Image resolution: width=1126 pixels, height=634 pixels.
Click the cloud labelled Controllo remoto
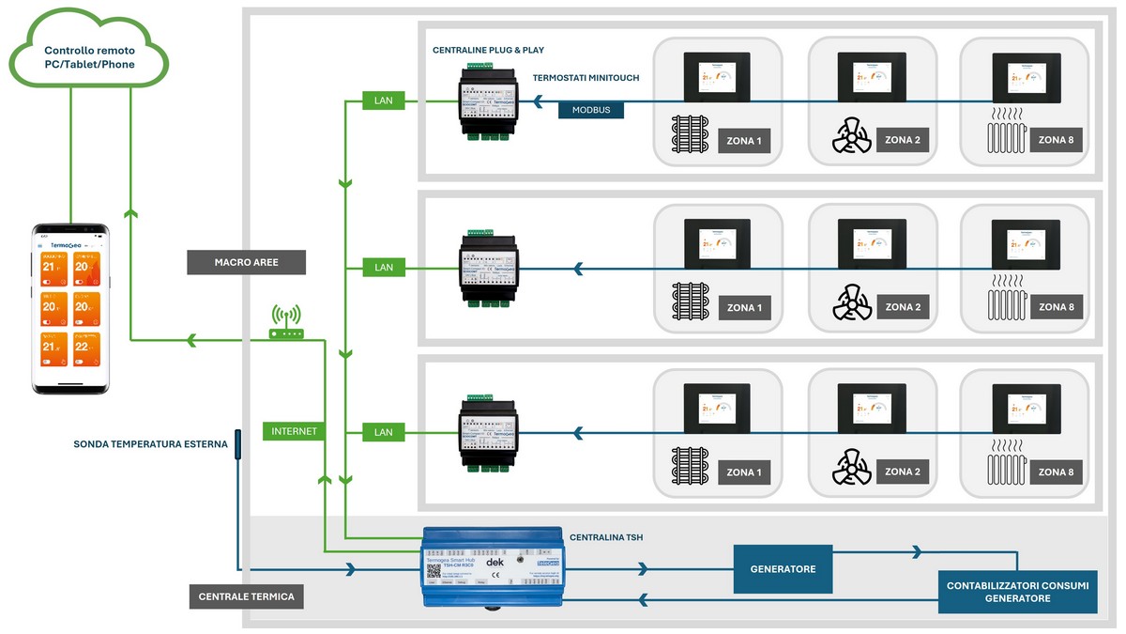pyautogui.click(x=89, y=56)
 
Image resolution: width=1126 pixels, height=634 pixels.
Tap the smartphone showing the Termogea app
pyautogui.click(x=71, y=309)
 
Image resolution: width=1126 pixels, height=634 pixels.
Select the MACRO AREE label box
pyautogui.click(x=246, y=262)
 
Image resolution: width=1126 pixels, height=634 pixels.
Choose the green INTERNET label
pyautogui.click(x=294, y=432)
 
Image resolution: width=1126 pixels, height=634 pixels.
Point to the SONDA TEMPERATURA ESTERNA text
pyautogui.click(x=151, y=444)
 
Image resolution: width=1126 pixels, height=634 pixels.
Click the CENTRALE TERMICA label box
pyautogui.click(x=246, y=596)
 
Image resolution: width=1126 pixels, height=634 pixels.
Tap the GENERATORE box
pyautogui.click(x=783, y=569)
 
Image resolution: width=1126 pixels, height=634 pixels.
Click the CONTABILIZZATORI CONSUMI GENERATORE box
pyautogui.click(x=1017, y=592)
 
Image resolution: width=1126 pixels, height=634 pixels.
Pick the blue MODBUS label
pyautogui.click(x=591, y=110)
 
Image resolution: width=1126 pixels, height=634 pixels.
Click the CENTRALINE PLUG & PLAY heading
pyautogui.click(x=488, y=50)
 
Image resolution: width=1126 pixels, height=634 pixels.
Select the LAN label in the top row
pyautogui.click(x=384, y=101)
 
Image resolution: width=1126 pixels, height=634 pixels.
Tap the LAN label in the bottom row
pyautogui.click(x=384, y=432)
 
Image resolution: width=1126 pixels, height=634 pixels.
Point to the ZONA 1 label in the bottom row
pyautogui.click(x=745, y=472)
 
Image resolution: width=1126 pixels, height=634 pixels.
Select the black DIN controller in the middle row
pyautogui.click(x=488, y=270)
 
